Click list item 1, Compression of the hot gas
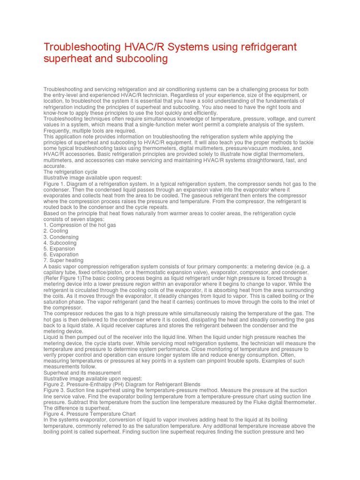coord(80,225)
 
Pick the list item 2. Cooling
coord(56,231)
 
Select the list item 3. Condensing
coord(61,237)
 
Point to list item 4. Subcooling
coord(61,243)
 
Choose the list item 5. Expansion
coord(59,249)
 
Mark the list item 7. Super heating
coord(63,261)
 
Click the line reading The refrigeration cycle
coord(70,172)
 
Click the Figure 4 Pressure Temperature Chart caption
coord(90,414)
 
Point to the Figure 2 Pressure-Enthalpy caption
coord(122,384)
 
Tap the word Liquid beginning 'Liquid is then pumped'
coord(51,337)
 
